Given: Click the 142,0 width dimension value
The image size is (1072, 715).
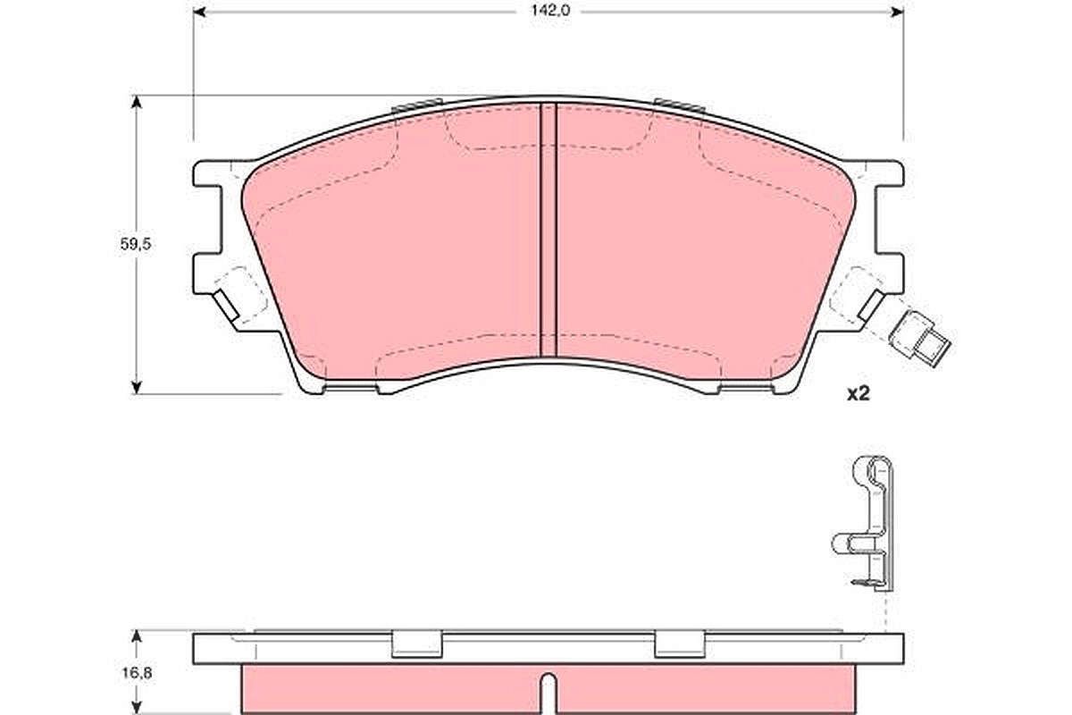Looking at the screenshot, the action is click(549, 11).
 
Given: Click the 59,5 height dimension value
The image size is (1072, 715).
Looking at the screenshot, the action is click(136, 244).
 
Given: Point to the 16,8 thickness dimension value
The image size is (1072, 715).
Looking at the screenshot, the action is click(137, 673).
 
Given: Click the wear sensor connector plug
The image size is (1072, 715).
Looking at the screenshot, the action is click(919, 340).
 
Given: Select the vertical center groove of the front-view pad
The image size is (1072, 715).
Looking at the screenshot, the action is click(549, 230).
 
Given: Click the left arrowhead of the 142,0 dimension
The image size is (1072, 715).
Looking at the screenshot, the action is click(199, 12).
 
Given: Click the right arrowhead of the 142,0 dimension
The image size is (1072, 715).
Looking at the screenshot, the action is click(897, 12).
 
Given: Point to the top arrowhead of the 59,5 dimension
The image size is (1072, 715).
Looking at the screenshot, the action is click(137, 102).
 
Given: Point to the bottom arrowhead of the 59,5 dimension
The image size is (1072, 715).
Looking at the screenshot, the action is click(137, 387).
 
